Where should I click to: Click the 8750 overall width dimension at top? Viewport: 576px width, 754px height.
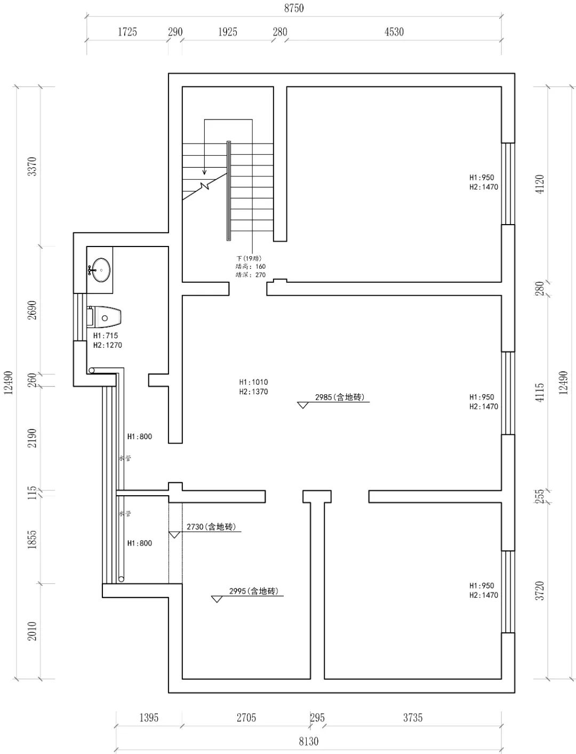point(294,9)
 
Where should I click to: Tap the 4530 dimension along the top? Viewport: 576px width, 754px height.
point(394,32)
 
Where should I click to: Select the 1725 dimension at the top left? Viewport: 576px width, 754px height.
point(127,32)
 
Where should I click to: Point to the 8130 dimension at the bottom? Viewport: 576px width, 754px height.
point(308,741)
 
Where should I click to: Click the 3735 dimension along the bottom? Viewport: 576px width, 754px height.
point(413,718)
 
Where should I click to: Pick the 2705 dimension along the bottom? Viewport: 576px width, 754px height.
point(246,718)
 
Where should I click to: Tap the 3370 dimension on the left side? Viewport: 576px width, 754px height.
point(33,166)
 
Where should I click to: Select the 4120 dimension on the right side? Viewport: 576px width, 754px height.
point(540,184)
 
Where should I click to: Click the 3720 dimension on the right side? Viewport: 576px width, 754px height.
point(540,591)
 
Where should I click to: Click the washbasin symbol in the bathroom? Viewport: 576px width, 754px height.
point(100,268)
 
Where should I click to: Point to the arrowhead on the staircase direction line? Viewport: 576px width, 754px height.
point(204,172)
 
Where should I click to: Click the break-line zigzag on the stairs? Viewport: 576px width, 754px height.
point(205,186)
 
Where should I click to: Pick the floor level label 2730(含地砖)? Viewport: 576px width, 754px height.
point(211,527)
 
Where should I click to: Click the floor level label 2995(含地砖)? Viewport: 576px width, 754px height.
point(253,591)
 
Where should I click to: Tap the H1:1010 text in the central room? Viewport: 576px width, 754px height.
point(253,382)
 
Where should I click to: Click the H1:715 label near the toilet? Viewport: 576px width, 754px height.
point(106,336)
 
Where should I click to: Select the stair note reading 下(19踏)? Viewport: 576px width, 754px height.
point(249,258)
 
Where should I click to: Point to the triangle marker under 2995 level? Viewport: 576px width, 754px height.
point(217,599)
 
